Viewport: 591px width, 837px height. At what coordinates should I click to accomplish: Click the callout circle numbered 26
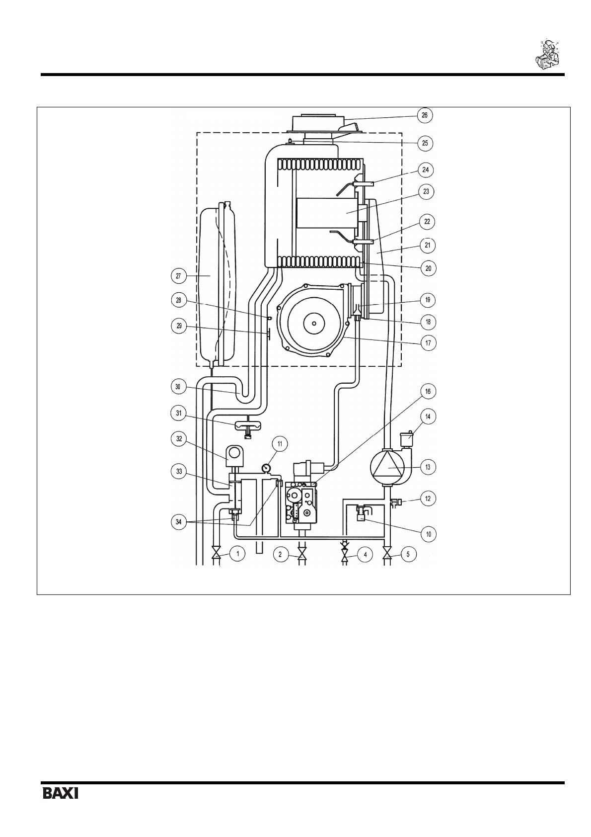pyautogui.click(x=425, y=115)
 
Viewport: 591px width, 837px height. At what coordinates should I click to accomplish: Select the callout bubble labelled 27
pyautogui.click(x=178, y=276)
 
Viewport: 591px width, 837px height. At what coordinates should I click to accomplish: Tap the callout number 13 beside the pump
pyautogui.click(x=428, y=467)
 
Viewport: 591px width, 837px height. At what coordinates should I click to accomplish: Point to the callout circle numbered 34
pyautogui.click(x=178, y=522)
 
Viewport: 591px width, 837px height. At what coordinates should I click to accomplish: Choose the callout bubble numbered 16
pyautogui.click(x=428, y=391)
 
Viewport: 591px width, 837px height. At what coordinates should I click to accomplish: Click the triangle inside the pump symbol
pyautogui.click(x=386, y=467)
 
